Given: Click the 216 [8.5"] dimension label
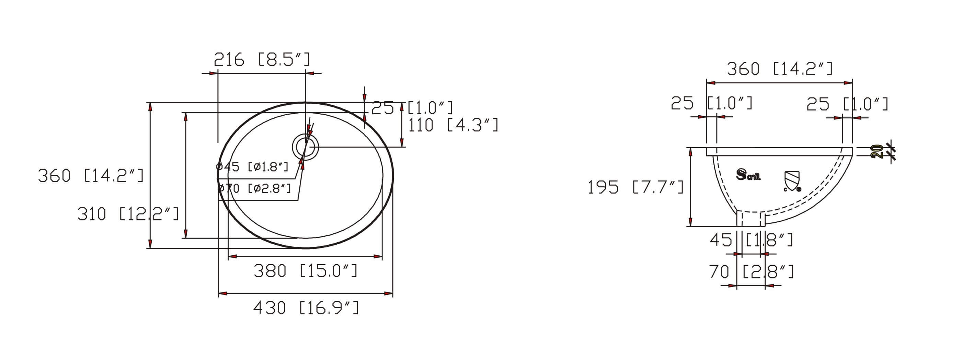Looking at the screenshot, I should coord(262,60).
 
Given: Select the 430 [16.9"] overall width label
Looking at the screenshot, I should coord(306,308).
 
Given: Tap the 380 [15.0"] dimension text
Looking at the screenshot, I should coord(306,271).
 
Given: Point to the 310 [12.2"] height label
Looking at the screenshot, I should coord(128,214).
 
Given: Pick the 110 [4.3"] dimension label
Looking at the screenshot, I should coord(453,125).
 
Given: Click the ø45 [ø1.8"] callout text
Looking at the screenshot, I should coord(252,166).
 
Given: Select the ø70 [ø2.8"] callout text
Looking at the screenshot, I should coord(254,188).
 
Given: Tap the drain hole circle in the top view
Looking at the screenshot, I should coord(306,147).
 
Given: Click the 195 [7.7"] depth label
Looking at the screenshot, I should coord(636,187).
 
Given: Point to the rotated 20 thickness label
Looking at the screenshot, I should coord(877,151).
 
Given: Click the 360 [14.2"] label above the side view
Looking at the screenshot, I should coord(780,69).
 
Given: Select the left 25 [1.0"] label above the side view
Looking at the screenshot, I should coord(711,103).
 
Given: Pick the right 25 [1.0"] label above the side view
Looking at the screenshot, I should coord(847,104).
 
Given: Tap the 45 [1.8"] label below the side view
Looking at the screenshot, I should coord(751,240).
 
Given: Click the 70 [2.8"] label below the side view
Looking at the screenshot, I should coord(751,272).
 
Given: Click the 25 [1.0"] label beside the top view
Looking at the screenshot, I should coord(412,108).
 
